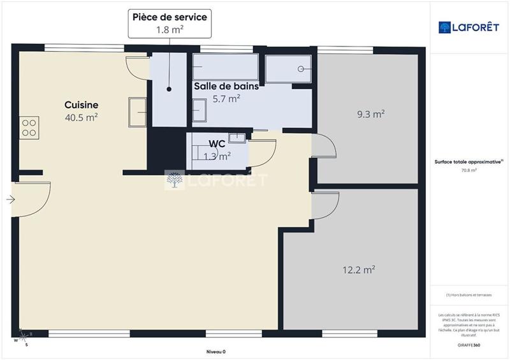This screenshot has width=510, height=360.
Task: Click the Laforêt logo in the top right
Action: [469, 27]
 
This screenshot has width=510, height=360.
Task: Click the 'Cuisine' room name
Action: [81, 104]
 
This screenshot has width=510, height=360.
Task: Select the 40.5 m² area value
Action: [81, 117]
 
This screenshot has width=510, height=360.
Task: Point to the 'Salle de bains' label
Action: [226, 86]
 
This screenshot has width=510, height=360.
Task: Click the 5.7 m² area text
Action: [226, 99]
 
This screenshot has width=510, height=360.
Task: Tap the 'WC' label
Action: [217, 143]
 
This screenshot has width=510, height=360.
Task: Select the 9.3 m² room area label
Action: [370, 115]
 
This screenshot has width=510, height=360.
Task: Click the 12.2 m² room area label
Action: [358, 270]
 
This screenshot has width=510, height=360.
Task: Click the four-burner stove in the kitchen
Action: [29, 127]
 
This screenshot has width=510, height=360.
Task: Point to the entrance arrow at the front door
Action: [11, 199]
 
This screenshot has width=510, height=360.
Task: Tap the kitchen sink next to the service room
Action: [138, 112]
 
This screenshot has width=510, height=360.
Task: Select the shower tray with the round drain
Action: [288, 69]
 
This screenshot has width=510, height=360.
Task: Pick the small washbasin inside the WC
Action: [237, 136]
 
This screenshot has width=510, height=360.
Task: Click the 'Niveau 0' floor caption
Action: [216, 352]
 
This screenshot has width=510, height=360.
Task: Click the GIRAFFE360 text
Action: [469, 344]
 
